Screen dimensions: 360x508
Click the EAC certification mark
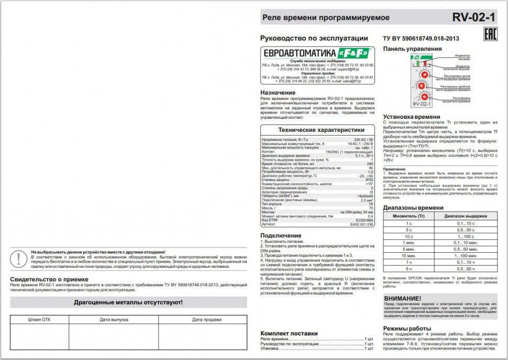(488, 36)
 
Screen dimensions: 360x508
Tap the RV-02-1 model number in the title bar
(473, 17)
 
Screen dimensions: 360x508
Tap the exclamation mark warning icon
(19, 259)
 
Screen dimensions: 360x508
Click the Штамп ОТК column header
(39, 319)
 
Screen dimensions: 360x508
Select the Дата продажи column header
(203, 319)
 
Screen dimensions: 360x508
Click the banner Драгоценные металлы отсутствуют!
(128, 302)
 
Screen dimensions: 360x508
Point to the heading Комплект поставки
(289, 333)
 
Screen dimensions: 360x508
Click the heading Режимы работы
(406, 328)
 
